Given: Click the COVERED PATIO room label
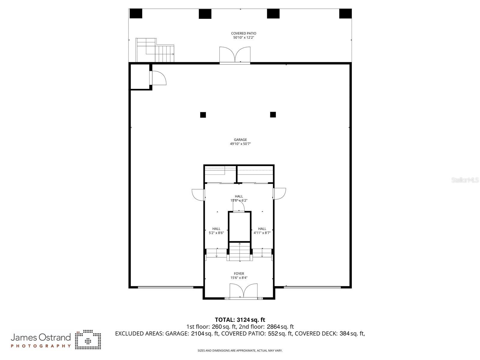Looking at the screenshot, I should pos(243,33).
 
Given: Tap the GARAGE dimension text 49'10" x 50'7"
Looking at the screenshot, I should pos(240,144).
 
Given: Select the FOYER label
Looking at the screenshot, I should pos(239,274).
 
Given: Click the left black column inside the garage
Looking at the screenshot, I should pos(203,115).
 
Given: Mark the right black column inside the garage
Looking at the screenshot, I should pos(273,114).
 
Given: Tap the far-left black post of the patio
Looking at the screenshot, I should pos(136,14).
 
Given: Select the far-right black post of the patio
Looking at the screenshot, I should pos(345,14).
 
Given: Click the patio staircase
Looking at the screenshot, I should pos(155,50).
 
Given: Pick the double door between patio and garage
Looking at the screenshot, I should pos(235,55).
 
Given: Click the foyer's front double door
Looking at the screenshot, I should pos(243,291).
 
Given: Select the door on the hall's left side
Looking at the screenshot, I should pos(198,194).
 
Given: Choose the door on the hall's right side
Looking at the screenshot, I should pos(279,194).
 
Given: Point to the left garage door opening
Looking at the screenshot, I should pos(165,287).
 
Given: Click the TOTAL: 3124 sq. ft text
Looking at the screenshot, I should pos(240,320).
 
